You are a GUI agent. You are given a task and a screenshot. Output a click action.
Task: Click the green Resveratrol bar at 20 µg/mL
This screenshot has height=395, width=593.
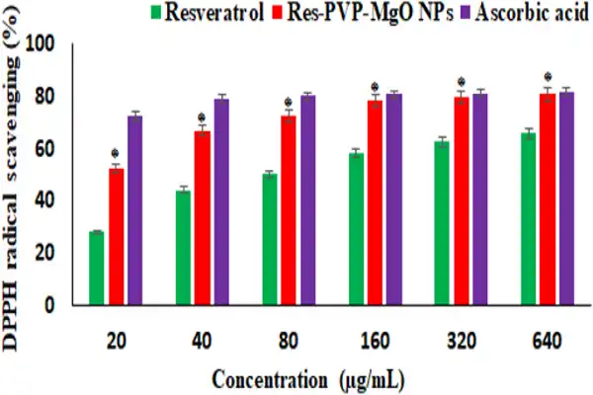point(96,267)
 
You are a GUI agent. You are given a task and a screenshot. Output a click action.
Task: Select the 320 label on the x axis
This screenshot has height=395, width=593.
point(461,342)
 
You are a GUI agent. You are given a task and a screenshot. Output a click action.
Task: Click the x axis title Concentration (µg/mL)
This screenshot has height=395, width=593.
point(311,378)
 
